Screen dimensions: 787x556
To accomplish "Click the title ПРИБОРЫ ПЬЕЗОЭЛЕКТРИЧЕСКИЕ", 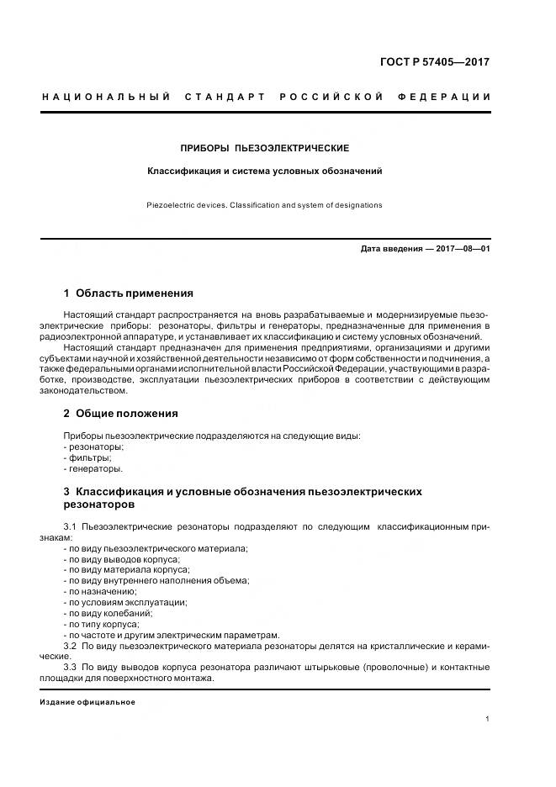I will pos(265,148).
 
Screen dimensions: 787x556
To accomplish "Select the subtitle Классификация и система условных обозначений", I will pos(265,171).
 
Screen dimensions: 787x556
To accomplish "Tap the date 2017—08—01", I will pos(461,249).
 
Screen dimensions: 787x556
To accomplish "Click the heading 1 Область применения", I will pos(129,293).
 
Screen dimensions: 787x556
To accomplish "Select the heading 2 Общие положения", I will pos(120,414).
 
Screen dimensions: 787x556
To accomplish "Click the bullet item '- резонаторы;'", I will pos(93,447).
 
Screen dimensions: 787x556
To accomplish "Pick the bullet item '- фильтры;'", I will pos(87,458).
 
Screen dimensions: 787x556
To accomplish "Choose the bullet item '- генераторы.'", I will pos(93,469).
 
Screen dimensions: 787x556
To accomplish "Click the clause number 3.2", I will pos(71,646).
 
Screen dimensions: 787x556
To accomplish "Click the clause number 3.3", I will pos(71,668).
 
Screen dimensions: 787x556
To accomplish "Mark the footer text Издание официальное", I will pos(87,702).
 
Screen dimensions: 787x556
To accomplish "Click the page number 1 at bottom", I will pos(488,719).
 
